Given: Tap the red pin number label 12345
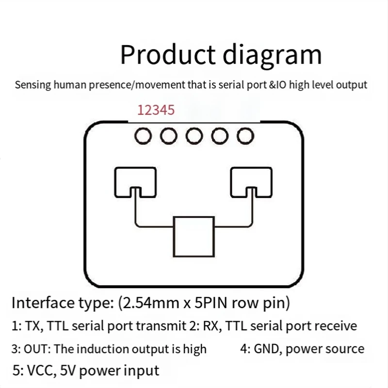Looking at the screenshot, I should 156,110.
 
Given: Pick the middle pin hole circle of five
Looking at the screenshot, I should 194,136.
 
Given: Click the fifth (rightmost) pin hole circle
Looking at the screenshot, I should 245,136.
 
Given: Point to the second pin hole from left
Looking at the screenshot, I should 169,136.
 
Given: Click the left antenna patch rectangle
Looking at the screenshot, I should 135,180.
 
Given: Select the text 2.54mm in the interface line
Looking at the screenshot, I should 143,304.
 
